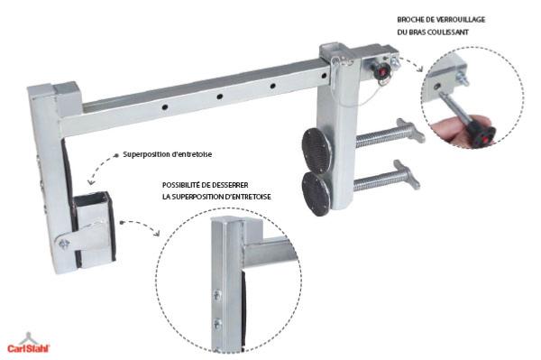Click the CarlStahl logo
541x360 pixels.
point(29,344)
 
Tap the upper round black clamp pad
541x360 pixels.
point(316,150)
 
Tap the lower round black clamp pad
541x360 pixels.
point(316,194)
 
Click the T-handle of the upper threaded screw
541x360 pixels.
point(411,130)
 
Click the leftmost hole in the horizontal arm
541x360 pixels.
point(165,107)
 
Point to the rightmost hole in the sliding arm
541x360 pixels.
point(324,75)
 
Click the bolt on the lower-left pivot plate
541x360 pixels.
point(64,244)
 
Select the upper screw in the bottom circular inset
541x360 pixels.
point(216,295)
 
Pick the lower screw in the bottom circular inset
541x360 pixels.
point(217,324)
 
